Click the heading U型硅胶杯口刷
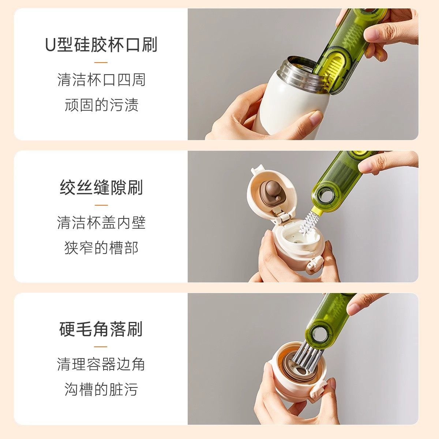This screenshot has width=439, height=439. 101,45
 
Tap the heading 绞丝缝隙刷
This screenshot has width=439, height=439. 101,187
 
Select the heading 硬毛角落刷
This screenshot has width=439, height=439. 101,329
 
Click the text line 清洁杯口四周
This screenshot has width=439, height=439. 101,80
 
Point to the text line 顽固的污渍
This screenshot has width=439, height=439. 101,105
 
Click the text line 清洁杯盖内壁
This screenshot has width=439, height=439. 101,222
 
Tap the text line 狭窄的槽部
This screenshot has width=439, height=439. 101,248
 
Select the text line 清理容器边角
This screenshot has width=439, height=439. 101,364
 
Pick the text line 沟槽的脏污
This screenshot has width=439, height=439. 101,390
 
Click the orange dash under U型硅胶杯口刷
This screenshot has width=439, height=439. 101,63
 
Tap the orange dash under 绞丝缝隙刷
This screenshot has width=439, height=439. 101,205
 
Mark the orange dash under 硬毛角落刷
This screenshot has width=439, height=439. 101,347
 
